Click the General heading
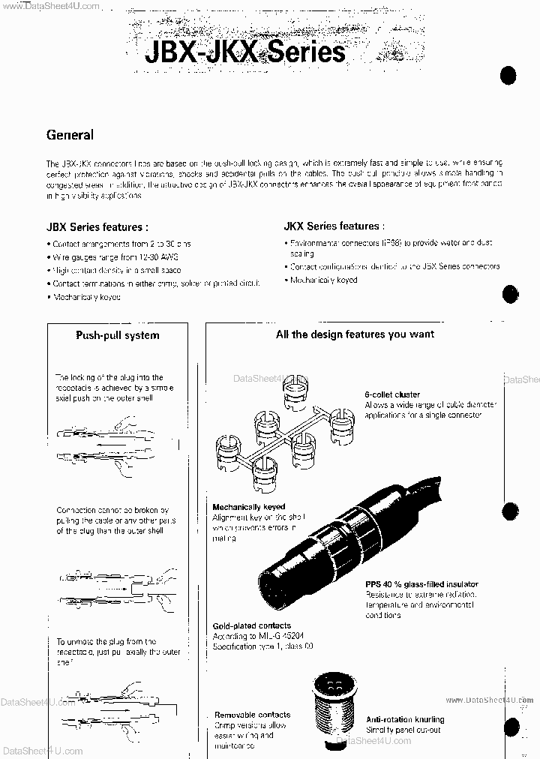click(70, 135)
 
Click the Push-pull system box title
click(117, 335)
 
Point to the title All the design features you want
click(355, 334)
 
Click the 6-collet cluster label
click(392, 394)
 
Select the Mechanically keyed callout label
click(248, 507)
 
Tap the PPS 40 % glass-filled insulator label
click(421, 584)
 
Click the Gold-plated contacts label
click(252, 625)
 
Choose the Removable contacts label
click(252, 715)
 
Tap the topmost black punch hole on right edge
click(509, 75)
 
